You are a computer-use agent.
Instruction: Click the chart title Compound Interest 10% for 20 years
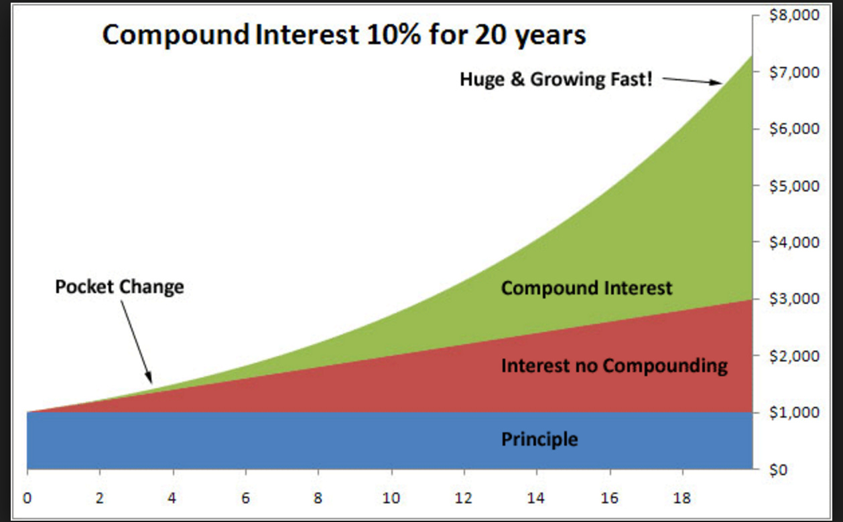tap(344, 35)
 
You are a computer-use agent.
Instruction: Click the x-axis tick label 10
tap(391, 499)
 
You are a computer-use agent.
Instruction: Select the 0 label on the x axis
tap(27, 499)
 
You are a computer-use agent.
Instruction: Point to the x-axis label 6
tap(246, 499)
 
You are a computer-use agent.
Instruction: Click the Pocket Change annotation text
tap(119, 287)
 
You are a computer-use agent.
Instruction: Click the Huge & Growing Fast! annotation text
tap(556, 80)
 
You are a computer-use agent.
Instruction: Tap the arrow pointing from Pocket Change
tap(137, 341)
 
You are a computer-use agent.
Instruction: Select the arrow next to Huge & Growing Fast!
tap(692, 81)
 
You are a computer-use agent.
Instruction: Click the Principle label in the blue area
tap(539, 440)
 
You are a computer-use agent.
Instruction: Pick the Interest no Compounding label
tap(614, 366)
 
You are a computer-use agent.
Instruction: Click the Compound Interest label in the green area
tap(586, 288)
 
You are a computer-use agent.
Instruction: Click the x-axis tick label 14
tap(537, 499)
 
